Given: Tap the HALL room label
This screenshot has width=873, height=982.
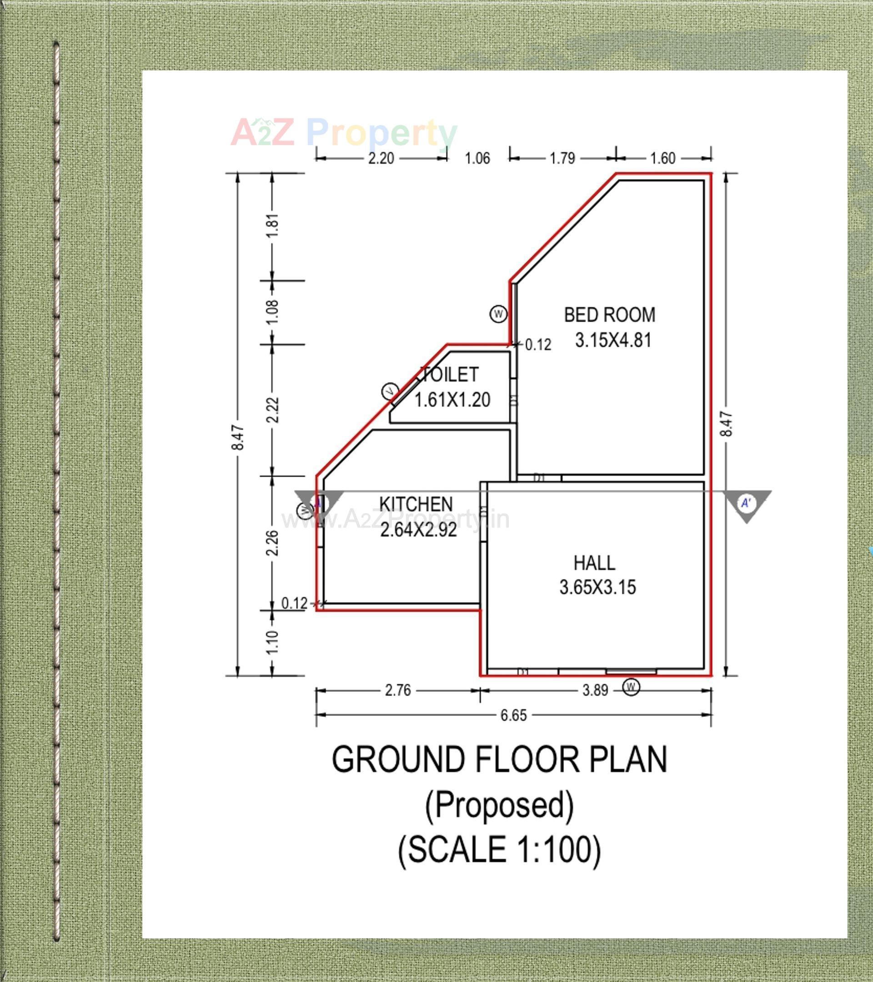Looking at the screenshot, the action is [594, 563].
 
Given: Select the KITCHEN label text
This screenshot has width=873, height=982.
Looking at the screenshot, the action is [416, 504].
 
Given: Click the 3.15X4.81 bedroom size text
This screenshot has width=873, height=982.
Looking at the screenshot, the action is [613, 340].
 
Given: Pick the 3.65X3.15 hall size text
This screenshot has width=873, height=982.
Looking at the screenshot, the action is [597, 587].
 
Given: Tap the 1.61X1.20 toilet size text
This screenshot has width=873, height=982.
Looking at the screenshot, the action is [452, 400].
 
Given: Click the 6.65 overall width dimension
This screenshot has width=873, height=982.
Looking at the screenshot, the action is [514, 715].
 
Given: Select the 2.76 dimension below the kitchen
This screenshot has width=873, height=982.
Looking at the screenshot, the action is [398, 690].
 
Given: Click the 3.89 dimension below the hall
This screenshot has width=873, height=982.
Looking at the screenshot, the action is [596, 690].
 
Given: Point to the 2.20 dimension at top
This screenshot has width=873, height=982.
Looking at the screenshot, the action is [381, 158].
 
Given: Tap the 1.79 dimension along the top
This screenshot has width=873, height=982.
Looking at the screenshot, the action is [562, 158].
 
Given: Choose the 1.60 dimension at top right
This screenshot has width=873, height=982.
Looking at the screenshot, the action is [663, 158].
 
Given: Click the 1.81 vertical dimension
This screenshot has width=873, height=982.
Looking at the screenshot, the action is [272, 225].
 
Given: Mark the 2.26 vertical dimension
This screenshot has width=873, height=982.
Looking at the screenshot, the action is [272, 543].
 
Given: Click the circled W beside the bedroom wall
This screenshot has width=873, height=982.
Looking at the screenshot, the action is [498, 314].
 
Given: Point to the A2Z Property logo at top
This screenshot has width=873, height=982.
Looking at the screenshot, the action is [344, 133].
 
